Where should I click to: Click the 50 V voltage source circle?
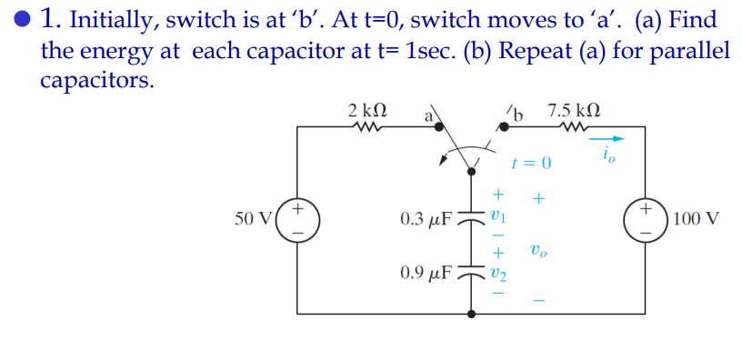coord(299,220)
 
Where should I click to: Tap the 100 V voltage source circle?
coord(646,220)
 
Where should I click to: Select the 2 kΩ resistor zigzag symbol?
coord(367,130)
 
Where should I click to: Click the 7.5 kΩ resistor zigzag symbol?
coord(574,130)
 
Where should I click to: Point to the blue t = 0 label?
coord(532,164)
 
